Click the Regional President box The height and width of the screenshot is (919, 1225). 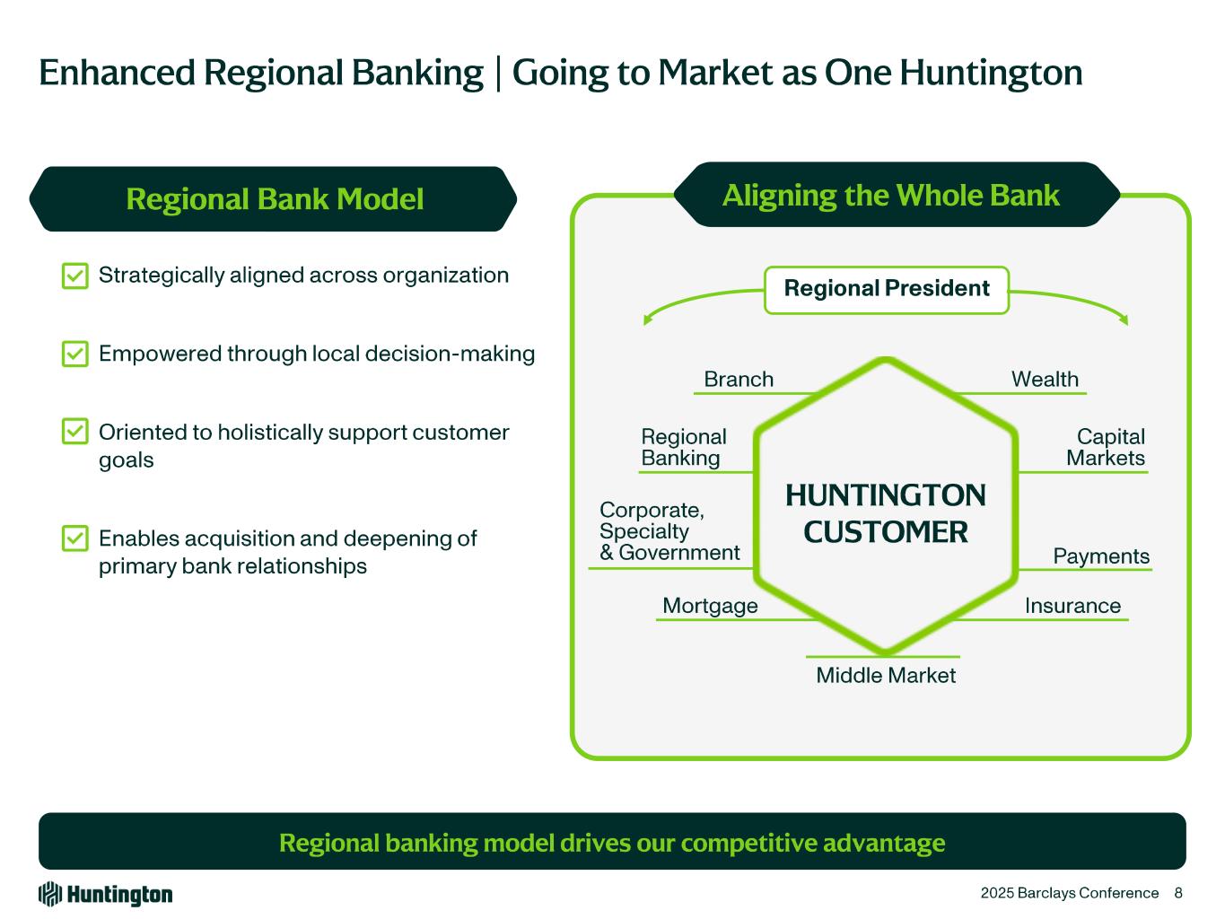click(x=887, y=289)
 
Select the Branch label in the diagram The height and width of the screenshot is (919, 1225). click(x=738, y=380)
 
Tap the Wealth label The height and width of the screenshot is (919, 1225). click(x=1045, y=380)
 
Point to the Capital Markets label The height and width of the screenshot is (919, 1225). click(x=1106, y=448)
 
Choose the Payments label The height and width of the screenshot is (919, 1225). click(x=1101, y=556)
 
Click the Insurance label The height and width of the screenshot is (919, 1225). click(x=1072, y=607)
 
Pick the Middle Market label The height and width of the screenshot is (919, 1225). click(x=886, y=676)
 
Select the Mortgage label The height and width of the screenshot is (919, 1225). click(x=710, y=607)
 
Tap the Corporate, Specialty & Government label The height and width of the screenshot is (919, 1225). click(x=669, y=531)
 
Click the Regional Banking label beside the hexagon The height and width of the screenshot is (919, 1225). click(x=683, y=448)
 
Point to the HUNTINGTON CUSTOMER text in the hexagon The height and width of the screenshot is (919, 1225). click(x=886, y=514)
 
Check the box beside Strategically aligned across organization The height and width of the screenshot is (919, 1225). click(x=75, y=276)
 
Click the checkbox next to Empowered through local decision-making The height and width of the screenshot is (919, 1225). click(x=75, y=354)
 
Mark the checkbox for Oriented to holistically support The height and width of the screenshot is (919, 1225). click(x=75, y=432)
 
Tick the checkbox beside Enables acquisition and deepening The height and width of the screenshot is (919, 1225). click(x=75, y=538)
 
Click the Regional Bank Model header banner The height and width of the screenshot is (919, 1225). click(x=274, y=199)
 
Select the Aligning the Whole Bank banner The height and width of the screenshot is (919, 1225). click(x=891, y=195)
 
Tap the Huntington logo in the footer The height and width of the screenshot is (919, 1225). click(x=105, y=894)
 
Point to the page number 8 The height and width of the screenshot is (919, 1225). click(x=1178, y=893)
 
